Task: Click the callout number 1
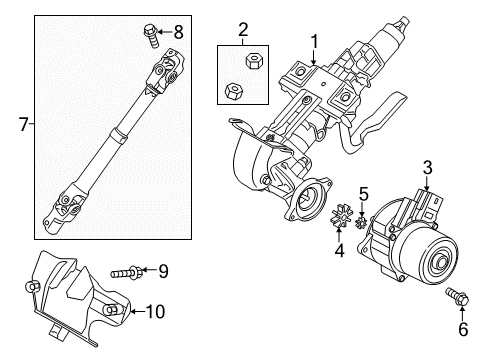(x=314, y=42)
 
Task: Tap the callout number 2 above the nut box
(x=243, y=30)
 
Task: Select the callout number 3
(x=427, y=168)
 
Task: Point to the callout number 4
(x=339, y=251)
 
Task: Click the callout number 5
(x=363, y=194)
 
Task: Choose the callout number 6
(x=463, y=329)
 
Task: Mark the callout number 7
(x=23, y=125)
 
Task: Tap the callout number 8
(x=179, y=32)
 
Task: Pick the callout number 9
(x=163, y=271)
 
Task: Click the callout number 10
(x=156, y=312)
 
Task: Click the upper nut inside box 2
(x=253, y=60)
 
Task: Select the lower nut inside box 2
(x=234, y=91)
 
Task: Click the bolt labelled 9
(x=127, y=272)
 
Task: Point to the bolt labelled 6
(x=457, y=296)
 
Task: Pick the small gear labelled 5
(x=361, y=222)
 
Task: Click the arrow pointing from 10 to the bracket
(x=137, y=312)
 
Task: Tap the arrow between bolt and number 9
(x=150, y=269)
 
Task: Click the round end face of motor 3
(x=438, y=260)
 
